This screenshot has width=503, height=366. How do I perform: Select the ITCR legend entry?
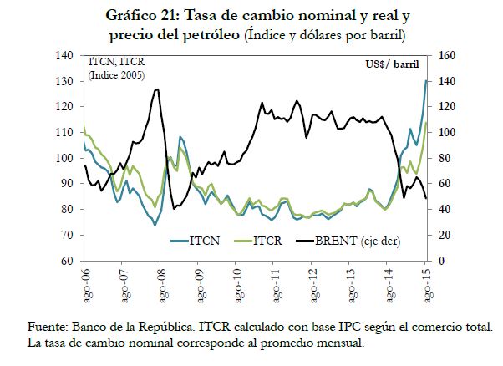tap(268, 242)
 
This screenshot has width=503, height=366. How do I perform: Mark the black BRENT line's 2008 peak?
tap(157, 89)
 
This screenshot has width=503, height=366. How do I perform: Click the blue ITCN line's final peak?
tap(427, 80)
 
